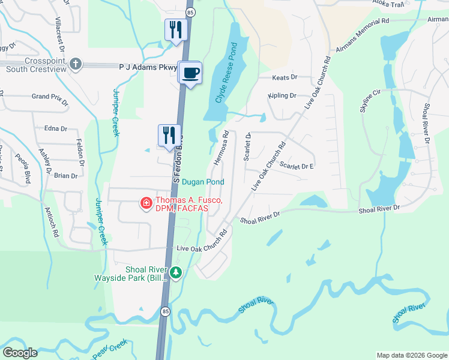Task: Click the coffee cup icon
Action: coord(191,73)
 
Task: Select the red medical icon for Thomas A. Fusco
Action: coord(145,205)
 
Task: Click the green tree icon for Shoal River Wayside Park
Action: coord(175,273)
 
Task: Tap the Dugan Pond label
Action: coord(203,182)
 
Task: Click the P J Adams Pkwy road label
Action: coord(148,68)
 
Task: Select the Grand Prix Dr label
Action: coord(49,96)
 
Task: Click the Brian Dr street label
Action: coord(66,176)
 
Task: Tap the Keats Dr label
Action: coord(285,77)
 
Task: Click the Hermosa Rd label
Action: coord(221,148)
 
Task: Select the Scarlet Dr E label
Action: coord(297,166)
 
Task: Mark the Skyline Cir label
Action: coord(370,101)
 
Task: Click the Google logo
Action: coord(20,353)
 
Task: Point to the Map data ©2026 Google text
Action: coord(412,355)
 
